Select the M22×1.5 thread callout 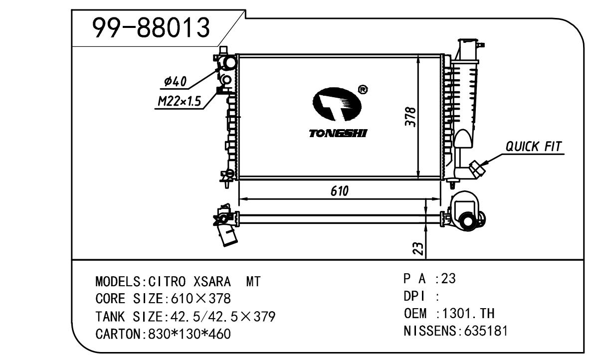179,102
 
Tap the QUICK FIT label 534,147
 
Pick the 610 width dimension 339,191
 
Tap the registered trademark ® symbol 363,90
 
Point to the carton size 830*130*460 190,333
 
